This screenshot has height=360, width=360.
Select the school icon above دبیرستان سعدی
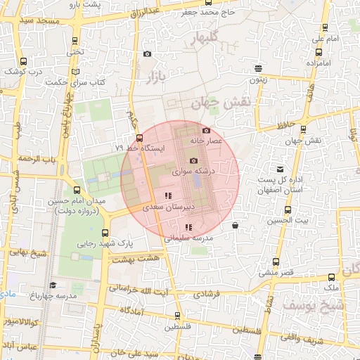[167, 195]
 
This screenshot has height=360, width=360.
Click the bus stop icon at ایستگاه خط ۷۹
[139, 138]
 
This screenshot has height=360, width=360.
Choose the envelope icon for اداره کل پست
[281, 169]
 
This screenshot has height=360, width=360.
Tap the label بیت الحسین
[286, 221]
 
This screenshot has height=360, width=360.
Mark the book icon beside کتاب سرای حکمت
[75, 71]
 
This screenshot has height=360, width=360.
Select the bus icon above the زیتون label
[259, 69]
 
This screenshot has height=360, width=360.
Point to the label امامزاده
[318, 63]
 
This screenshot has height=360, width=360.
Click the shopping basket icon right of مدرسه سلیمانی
[234, 226]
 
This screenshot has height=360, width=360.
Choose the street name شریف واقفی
[326, 340]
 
